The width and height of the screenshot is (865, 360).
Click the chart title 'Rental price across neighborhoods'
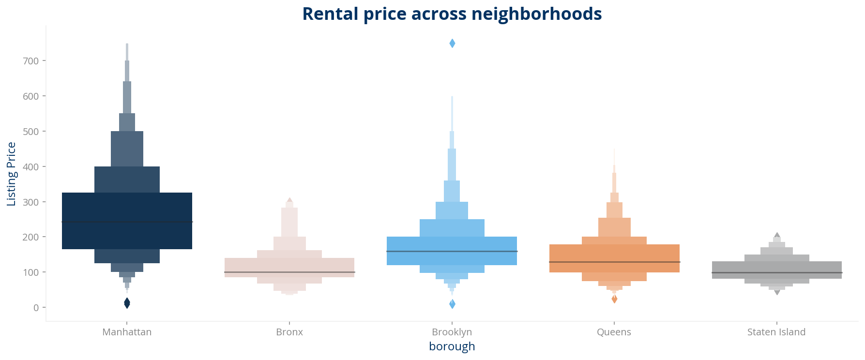coord(452,14)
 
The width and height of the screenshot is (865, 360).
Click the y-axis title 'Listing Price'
coord(12,174)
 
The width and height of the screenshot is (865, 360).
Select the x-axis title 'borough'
coord(452,346)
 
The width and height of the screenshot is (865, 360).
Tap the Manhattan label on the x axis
coord(127,332)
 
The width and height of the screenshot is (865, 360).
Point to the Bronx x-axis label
coord(289,332)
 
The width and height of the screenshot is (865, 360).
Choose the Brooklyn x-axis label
coord(452,332)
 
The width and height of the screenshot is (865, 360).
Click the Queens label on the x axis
coord(614,332)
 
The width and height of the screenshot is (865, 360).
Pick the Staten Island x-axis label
coord(776,332)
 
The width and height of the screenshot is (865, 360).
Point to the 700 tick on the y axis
coord(31,61)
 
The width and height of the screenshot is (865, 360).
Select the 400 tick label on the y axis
coord(31,167)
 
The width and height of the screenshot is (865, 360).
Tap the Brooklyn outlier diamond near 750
coord(452,44)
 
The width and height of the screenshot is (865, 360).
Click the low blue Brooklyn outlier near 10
coord(452,304)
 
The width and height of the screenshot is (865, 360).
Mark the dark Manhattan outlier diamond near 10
coord(127,303)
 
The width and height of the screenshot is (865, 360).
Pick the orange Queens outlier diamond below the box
coord(614,299)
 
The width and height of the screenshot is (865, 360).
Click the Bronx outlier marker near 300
coord(289,200)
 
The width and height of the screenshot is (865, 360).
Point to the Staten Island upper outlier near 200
coord(777,235)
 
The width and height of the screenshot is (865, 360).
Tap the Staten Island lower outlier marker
coord(777,292)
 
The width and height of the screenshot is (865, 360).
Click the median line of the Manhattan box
coord(127,222)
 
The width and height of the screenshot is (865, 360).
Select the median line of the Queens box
coord(614,262)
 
